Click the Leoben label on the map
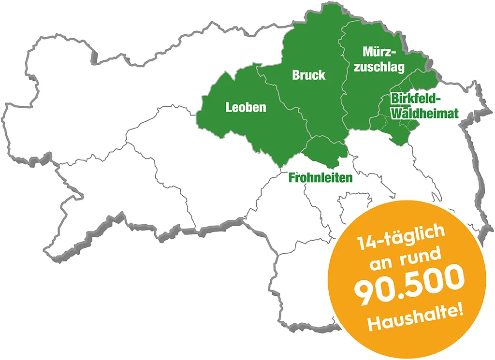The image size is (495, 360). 246,107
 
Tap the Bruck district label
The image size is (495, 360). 308,75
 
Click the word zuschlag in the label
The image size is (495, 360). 379,67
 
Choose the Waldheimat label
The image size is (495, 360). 424,114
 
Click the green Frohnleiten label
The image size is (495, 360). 320,178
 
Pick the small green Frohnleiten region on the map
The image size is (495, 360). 326,149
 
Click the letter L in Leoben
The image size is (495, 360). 229,107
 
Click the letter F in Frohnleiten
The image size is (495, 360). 291,178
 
